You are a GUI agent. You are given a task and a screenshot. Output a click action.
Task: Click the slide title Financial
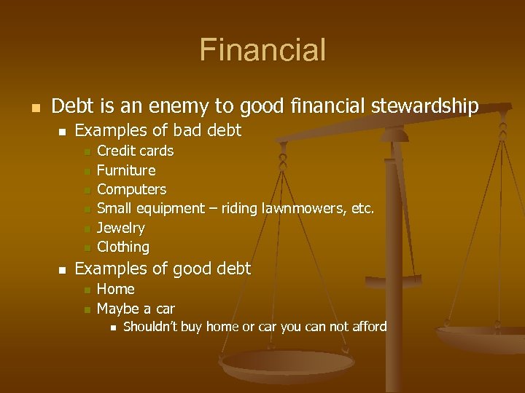[262, 51]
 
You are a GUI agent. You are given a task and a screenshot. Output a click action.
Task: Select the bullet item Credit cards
[136, 151]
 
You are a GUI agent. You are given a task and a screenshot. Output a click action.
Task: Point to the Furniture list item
[126, 170]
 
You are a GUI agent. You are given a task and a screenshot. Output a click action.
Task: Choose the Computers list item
[131, 189]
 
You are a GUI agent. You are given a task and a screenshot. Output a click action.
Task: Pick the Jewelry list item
[121, 228]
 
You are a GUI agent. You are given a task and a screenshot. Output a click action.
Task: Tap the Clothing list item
[123, 247]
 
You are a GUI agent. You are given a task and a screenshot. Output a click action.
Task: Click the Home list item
[116, 289]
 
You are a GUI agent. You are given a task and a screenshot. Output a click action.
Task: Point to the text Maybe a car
[136, 309]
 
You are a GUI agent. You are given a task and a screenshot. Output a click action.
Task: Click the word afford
[369, 327]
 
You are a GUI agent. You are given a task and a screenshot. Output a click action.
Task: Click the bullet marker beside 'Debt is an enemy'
[34, 108]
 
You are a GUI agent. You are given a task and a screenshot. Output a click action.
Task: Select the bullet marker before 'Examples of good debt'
[62, 270]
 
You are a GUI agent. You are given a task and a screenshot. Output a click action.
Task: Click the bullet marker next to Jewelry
[86, 229]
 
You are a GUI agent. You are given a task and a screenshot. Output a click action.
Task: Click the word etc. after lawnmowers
[362, 208]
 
